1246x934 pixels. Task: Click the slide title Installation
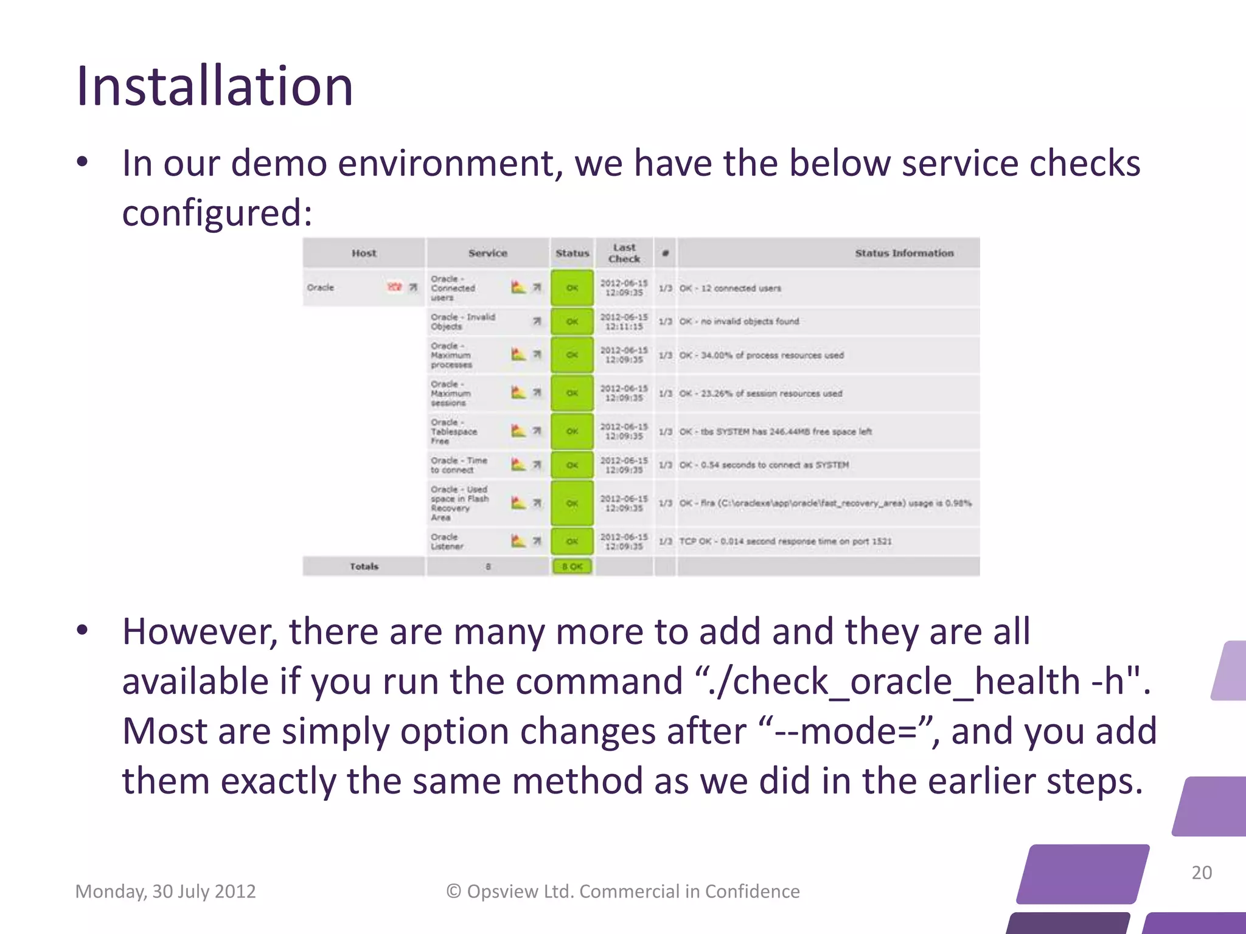pyautogui.click(x=214, y=86)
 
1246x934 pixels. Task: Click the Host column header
pyautogui.click(x=364, y=253)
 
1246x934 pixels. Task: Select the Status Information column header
pyautogui.click(x=904, y=253)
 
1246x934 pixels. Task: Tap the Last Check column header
pyautogui.click(x=624, y=253)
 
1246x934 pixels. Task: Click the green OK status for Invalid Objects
pyautogui.click(x=572, y=322)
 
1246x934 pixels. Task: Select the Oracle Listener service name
pyautogui.click(x=447, y=542)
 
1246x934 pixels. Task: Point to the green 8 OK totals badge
pyautogui.click(x=572, y=567)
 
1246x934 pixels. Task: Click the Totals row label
pyautogui.click(x=364, y=567)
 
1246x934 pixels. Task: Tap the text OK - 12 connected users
pyautogui.click(x=730, y=288)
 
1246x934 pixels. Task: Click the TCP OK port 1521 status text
pyautogui.click(x=785, y=541)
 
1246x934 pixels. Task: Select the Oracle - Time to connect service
pyautogui.click(x=459, y=465)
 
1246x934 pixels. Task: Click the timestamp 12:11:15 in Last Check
pyautogui.click(x=624, y=327)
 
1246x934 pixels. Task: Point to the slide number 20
pyautogui.click(x=1201, y=873)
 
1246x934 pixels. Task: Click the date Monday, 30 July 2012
pyautogui.click(x=165, y=891)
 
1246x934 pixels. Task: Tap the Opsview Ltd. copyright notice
pyautogui.click(x=623, y=891)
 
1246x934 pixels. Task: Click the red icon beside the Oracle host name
pyautogui.click(x=395, y=287)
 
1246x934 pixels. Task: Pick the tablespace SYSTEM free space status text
pyautogui.click(x=776, y=432)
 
